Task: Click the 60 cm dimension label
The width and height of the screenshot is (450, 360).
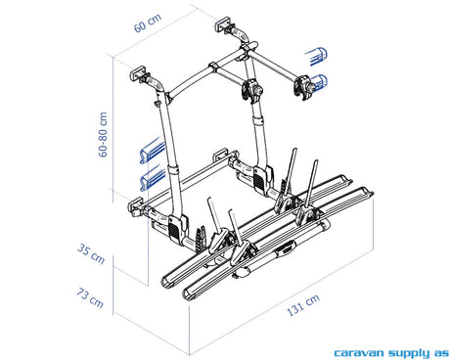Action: coord(148,22)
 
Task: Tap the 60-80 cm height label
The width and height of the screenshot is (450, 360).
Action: coord(103,134)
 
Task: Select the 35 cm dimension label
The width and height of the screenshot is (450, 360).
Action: coord(91,254)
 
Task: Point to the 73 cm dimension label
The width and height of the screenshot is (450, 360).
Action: coord(90,298)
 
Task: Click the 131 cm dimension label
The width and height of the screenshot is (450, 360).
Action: coord(303,305)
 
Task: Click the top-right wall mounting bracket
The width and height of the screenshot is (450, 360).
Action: coord(225,23)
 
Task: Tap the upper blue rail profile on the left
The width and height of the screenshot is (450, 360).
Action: coord(153,151)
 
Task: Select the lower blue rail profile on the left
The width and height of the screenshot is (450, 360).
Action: coord(153,179)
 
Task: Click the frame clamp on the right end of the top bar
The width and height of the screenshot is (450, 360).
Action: coord(303,87)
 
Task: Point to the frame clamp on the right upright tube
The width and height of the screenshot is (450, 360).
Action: coord(251,91)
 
